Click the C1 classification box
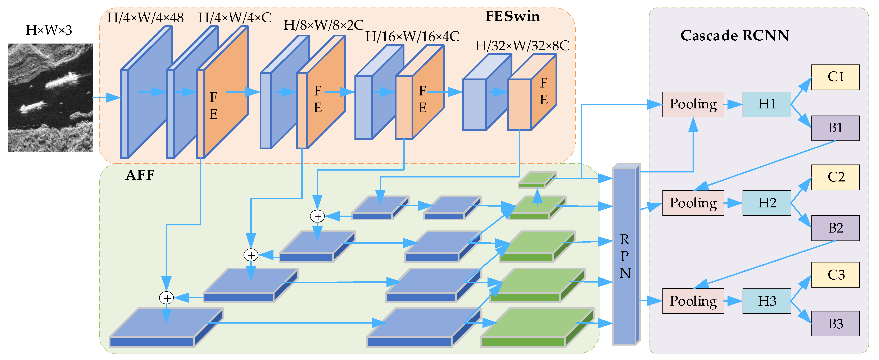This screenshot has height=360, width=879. point(835,77)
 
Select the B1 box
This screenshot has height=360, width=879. point(835,128)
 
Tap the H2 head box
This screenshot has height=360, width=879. point(766,203)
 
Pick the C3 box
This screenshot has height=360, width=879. point(835,275)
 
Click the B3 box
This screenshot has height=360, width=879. point(835,324)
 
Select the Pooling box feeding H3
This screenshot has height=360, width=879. point(693,301)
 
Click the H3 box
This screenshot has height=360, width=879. point(766,301)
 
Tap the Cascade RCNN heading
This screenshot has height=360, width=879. point(734,36)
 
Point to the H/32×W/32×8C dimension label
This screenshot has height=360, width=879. point(522,45)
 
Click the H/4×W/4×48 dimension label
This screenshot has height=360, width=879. point(145,18)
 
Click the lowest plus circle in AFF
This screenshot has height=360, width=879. point(167,298)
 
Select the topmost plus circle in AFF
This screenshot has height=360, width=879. point(317,216)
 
